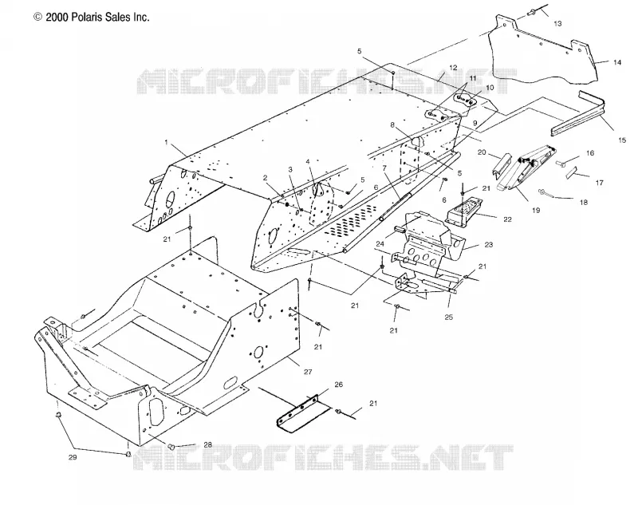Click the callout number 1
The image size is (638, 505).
tap(166, 143)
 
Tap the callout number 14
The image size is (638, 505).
tap(617, 62)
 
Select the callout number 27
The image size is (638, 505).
tap(308, 372)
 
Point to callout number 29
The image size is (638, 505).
tap(73, 457)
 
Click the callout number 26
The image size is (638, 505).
tap(338, 385)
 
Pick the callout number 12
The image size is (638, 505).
tap(453, 68)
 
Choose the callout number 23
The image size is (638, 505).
tap(489, 245)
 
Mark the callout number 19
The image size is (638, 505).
tap(536, 210)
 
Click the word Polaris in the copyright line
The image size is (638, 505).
tap(88, 17)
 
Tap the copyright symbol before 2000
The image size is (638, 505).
tap(37, 17)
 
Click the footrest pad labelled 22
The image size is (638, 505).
tap(463, 211)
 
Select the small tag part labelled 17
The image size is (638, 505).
tap(571, 172)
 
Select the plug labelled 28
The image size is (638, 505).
tap(171, 447)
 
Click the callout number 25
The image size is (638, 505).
tap(448, 317)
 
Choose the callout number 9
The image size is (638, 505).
tap(475, 123)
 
